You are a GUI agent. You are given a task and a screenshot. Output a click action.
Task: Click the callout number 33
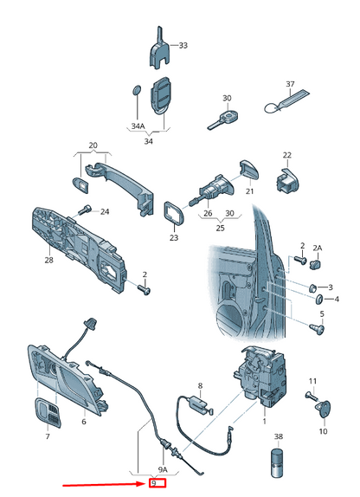[x=182, y=44]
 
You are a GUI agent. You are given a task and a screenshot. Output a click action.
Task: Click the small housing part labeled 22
[x=286, y=180]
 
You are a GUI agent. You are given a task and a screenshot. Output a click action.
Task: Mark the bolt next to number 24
[x=85, y=210]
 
